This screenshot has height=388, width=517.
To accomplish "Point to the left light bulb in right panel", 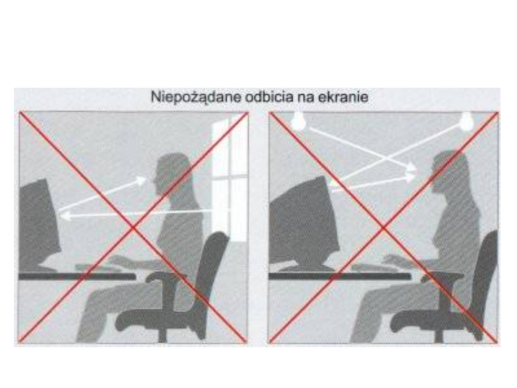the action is point(299,120).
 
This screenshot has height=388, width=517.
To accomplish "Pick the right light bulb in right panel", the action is point(467,121).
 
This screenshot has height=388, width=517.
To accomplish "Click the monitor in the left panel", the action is point(40,224).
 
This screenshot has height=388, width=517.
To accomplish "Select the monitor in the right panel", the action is point(305,223).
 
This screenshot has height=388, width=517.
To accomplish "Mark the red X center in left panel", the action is point(133,227).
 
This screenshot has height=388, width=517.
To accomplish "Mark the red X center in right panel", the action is point(383,228).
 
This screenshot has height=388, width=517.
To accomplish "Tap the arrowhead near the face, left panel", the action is point(142,180).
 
